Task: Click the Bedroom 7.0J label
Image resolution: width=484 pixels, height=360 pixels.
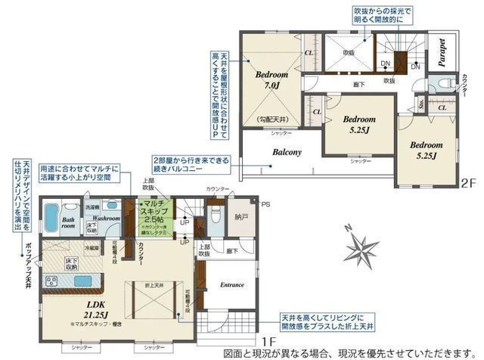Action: point(271,80)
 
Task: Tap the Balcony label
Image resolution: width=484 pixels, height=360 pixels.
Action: point(287,152)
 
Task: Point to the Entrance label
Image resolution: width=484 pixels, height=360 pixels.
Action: point(231,284)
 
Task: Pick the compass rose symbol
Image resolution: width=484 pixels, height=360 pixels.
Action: point(361,248)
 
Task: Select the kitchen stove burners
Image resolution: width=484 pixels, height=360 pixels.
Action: point(53,281)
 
